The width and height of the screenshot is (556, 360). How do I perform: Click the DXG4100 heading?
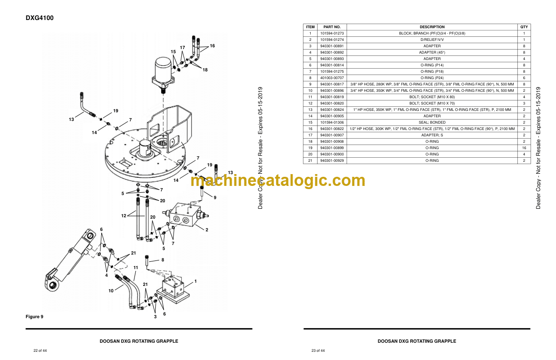click(x=40, y=18)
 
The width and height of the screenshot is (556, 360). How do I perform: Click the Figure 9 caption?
click(x=34, y=316)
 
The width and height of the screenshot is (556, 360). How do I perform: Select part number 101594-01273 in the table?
click(x=332, y=33)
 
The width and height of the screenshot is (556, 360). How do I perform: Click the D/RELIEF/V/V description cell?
click(x=432, y=40)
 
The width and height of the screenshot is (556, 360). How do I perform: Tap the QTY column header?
click(x=524, y=27)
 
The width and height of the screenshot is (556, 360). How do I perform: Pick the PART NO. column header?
click(x=332, y=27)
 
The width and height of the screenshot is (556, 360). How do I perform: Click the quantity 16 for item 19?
click(x=524, y=148)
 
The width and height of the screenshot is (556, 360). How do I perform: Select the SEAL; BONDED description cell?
click(x=432, y=122)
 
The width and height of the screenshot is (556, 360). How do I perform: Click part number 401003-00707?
click(x=332, y=78)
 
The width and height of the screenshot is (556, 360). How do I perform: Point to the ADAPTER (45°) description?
click(x=432, y=52)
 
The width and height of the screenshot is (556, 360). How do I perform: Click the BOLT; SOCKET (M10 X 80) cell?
click(x=432, y=97)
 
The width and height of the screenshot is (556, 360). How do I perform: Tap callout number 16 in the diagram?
click(x=212, y=46)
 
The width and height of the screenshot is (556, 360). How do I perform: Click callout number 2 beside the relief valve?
click(x=207, y=230)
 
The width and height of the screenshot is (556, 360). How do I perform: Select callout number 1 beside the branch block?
click(x=196, y=281)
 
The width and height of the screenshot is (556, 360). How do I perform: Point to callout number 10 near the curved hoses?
click(x=111, y=291)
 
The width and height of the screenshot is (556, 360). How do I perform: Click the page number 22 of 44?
click(x=40, y=350)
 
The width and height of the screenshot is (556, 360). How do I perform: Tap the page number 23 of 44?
click(x=318, y=350)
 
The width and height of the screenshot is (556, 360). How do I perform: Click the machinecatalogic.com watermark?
click(x=278, y=180)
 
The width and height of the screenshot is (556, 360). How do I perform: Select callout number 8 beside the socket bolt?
click(x=163, y=260)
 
